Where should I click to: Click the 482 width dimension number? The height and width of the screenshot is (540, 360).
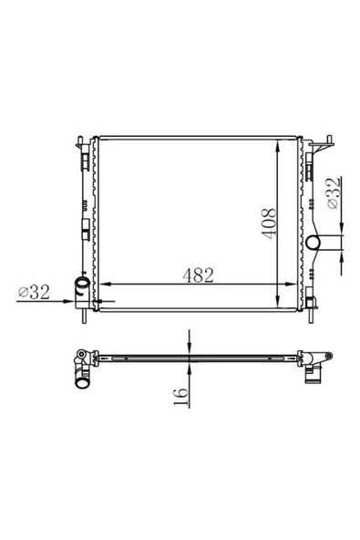point(198,275)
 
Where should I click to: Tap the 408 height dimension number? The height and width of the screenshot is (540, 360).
point(269,223)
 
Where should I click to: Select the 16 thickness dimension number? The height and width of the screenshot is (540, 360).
point(181,397)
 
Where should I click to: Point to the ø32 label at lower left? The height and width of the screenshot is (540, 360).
point(34,292)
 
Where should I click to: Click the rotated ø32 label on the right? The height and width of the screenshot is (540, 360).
point(334,193)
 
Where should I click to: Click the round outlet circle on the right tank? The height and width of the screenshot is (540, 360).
point(314,243)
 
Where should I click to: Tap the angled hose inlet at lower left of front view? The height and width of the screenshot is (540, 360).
point(83,286)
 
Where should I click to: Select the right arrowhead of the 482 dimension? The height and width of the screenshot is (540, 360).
point(291,284)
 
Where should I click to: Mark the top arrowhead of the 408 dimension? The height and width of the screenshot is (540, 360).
point(278,145)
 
